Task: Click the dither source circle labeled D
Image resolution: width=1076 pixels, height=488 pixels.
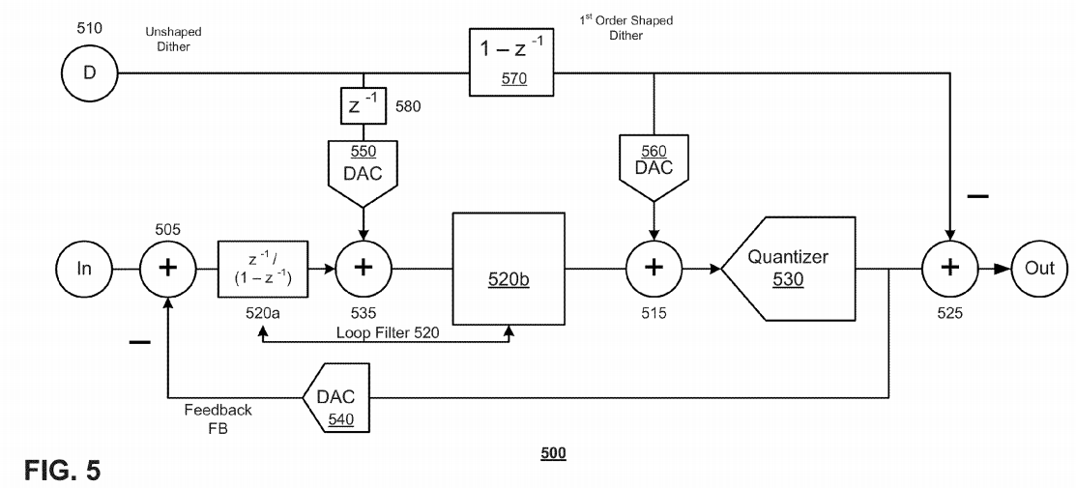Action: tap(89, 73)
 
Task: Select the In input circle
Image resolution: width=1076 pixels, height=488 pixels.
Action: tap(85, 268)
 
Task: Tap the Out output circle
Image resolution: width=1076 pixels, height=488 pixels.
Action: tap(1039, 268)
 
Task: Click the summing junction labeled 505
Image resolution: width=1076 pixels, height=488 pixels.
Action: tap(168, 268)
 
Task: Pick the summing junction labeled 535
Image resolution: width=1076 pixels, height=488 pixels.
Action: tap(364, 268)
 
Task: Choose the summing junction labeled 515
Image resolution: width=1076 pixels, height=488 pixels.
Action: tap(654, 268)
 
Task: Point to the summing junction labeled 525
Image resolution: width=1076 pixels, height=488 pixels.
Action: tap(950, 268)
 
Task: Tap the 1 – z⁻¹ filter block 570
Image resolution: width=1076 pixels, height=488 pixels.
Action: tap(513, 62)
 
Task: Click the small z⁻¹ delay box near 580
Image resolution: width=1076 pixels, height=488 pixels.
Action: tap(364, 104)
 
